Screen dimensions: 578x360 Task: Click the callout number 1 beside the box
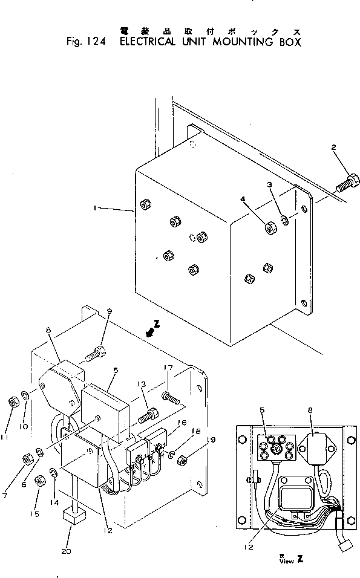(95, 207)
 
